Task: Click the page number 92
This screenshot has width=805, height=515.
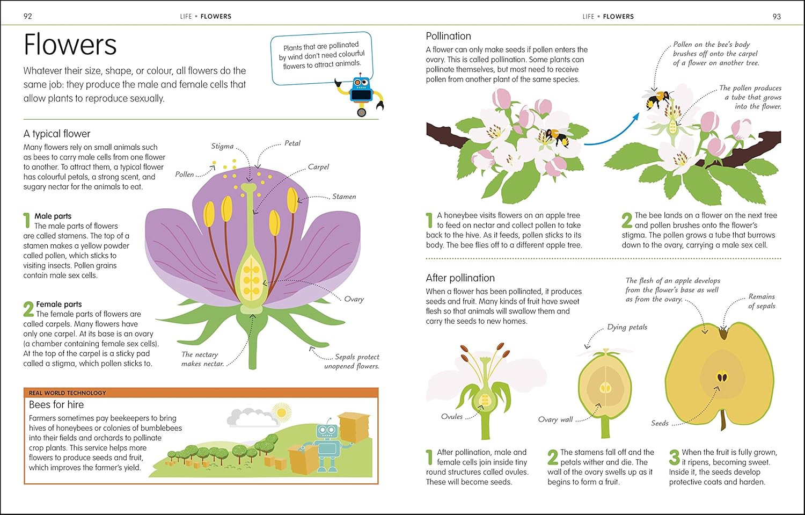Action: click(28, 16)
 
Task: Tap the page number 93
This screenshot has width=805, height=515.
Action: click(777, 16)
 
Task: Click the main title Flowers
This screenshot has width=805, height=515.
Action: click(70, 45)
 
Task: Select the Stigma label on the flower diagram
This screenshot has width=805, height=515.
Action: click(222, 146)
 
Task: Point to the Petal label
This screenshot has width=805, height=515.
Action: click(292, 143)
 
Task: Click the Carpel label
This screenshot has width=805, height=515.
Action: click(318, 167)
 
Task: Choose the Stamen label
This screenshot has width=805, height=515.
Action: click(344, 197)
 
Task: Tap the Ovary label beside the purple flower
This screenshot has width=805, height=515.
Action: click(354, 299)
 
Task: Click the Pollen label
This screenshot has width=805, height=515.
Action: click(185, 175)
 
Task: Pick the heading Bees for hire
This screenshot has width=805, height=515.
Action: click(56, 404)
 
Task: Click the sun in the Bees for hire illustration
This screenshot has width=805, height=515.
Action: click(281, 412)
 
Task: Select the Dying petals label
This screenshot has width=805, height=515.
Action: click(627, 327)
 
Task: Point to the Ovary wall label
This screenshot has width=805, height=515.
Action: click(555, 419)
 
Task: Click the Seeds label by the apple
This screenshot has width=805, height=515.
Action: click(660, 423)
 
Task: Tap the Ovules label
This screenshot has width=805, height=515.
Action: click(452, 417)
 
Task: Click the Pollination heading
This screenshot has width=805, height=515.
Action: click(448, 36)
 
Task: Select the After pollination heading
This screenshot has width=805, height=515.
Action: click(460, 278)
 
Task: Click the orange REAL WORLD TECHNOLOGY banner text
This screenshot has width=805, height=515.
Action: click(68, 393)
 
